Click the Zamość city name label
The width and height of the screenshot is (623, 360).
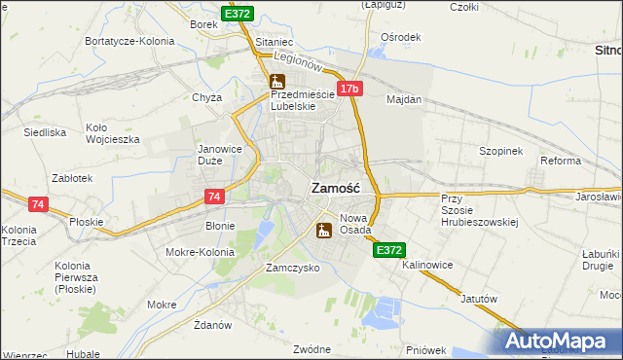point(336,189)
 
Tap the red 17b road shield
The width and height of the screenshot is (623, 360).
point(350,89)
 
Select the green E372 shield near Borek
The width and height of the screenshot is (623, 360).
point(238,14)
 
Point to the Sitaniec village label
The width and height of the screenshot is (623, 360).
point(275,43)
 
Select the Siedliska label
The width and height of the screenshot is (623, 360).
point(45,130)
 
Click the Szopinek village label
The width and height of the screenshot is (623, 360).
point(501,152)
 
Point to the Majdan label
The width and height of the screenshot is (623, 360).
point(404,99)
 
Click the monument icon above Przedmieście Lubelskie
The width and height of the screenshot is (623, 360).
point(276,81)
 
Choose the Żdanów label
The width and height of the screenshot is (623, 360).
point(211,324)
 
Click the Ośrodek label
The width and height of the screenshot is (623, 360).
point(401,37)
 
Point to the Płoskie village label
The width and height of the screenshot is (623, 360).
point(88,222)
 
